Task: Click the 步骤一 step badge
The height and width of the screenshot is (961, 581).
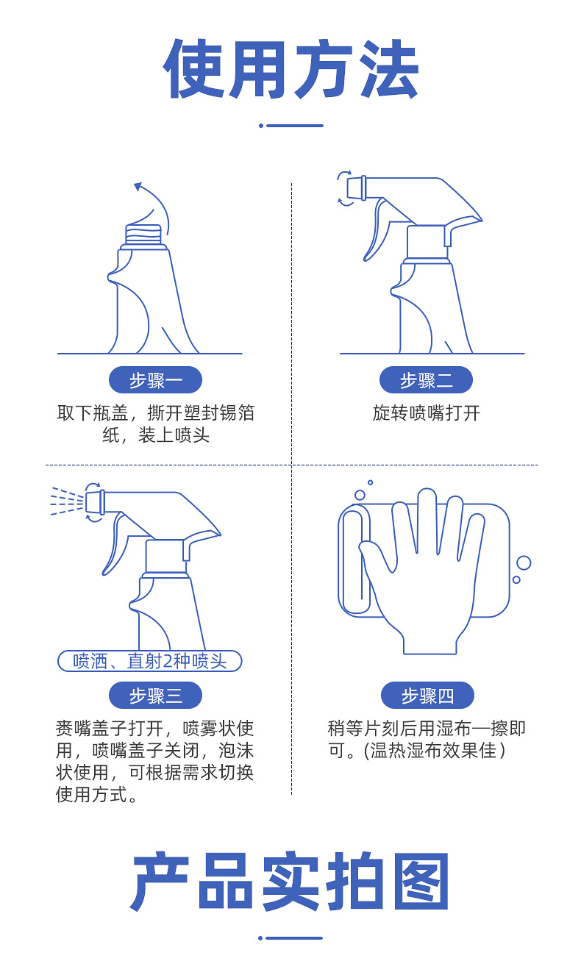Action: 155,379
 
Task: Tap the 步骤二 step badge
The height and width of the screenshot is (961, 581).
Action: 426,379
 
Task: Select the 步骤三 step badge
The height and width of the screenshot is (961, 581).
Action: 155,695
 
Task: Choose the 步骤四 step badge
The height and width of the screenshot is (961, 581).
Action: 427,695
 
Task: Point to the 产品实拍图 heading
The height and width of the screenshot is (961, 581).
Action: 290,880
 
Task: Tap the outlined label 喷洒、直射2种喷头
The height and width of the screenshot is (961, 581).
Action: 150,661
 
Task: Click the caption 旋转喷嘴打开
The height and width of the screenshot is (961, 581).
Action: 426,412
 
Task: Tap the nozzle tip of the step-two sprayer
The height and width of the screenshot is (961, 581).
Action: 357,188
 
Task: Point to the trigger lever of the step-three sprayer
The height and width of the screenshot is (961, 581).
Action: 114,544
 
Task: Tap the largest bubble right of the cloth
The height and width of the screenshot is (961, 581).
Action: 524,563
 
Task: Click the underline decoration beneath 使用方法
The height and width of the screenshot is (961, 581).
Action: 291,126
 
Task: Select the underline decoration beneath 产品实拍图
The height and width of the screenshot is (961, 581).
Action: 290,938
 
